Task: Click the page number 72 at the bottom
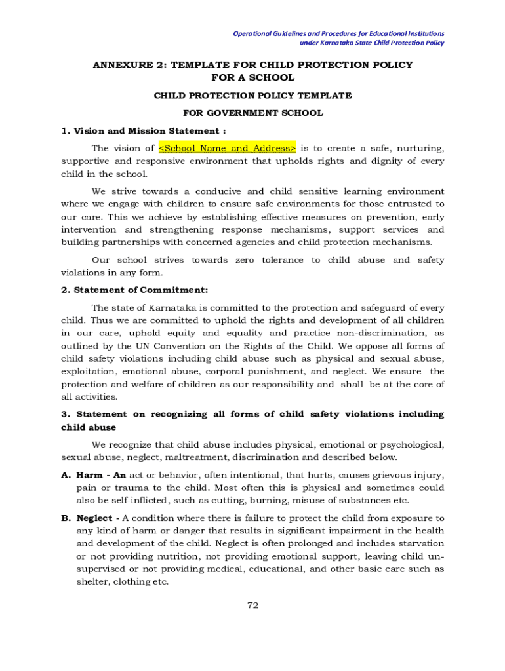[x=253, y=605]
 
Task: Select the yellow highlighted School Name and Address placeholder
[x=228, y=148]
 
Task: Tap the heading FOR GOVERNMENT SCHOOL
[x=253, y=113]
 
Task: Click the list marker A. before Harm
[x=66, y=475]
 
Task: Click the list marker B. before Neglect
[x=66, y=518]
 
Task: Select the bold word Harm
[x=89, y=475]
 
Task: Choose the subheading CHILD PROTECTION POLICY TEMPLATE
[x=253, y=96]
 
